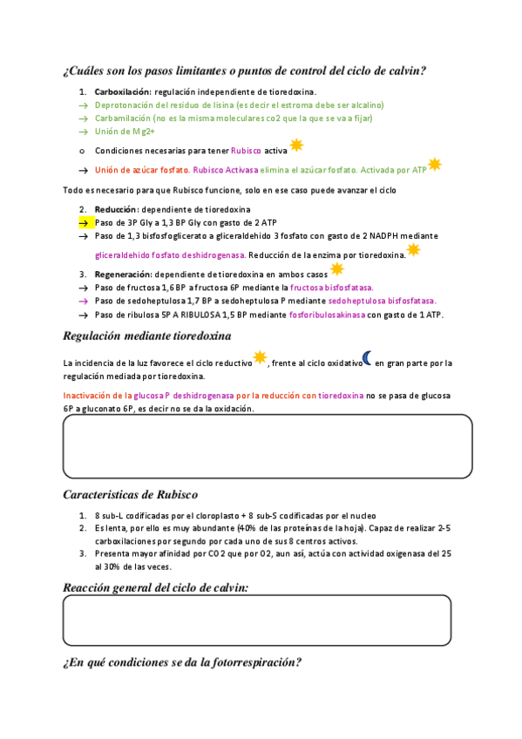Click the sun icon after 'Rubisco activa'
point(296,146)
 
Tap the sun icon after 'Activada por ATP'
point(435,165)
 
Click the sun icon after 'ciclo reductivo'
point(260,357)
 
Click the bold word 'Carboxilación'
point(123,92)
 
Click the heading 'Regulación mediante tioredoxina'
point(147,336)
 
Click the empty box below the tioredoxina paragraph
point(268,446)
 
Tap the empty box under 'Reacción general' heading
point(257,620)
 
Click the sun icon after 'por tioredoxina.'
point(413,251)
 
